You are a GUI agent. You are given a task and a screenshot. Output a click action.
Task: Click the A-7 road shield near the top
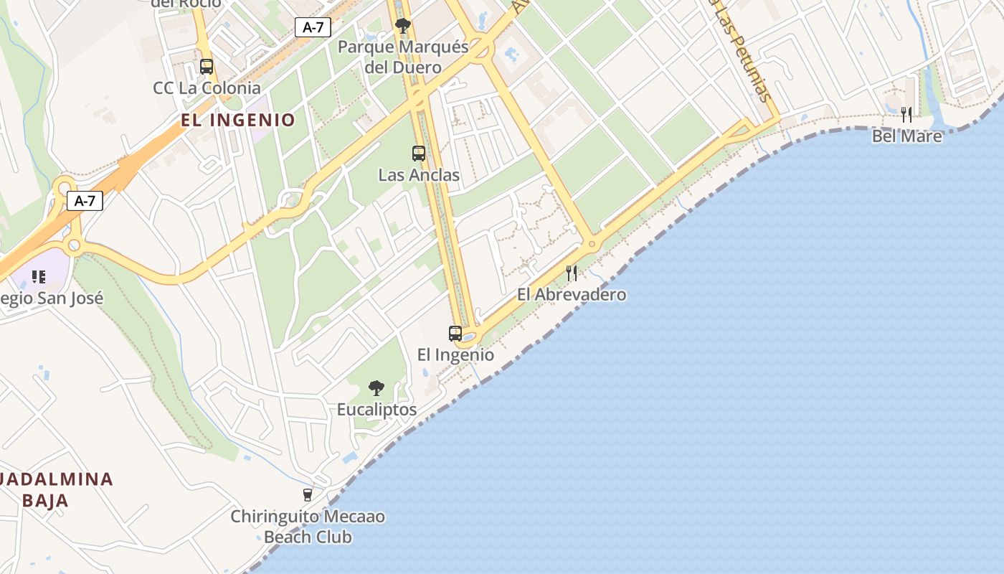point(313,28)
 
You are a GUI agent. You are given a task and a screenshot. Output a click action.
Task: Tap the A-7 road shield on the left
point(85,201)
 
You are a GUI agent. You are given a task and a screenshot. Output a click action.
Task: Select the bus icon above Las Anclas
point(419,154)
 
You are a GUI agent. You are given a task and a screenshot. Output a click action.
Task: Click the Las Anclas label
point(419,175)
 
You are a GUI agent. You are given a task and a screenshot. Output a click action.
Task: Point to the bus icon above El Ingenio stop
point(455,333)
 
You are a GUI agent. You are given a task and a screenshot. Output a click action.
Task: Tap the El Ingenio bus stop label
point(455,354)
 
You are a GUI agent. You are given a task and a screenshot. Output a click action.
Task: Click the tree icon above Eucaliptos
point(376,388)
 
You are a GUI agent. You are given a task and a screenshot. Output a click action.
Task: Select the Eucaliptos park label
point(376,410)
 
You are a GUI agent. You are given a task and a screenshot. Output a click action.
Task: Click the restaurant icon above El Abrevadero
point(572,273)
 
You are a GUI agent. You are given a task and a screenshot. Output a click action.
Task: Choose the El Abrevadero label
point(572,294)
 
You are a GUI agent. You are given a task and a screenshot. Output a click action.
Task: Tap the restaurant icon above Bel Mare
point(906,114)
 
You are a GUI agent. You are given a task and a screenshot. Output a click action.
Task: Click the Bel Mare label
point(906,136)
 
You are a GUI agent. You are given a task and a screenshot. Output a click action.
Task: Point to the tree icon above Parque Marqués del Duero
point(403,27)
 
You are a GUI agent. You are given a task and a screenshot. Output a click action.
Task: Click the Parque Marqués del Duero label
point(403,57)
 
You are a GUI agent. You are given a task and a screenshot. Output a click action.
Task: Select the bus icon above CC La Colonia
point(207,67)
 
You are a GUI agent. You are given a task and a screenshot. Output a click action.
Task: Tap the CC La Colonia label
point(207,88)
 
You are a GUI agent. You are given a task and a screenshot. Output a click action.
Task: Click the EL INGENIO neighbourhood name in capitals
point(238,120)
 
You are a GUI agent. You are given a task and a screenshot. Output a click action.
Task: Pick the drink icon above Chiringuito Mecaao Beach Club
point(308,494)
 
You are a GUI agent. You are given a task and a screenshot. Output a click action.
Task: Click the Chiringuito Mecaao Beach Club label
point(308,527)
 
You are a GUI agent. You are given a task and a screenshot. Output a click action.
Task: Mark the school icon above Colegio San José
point(39,276)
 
